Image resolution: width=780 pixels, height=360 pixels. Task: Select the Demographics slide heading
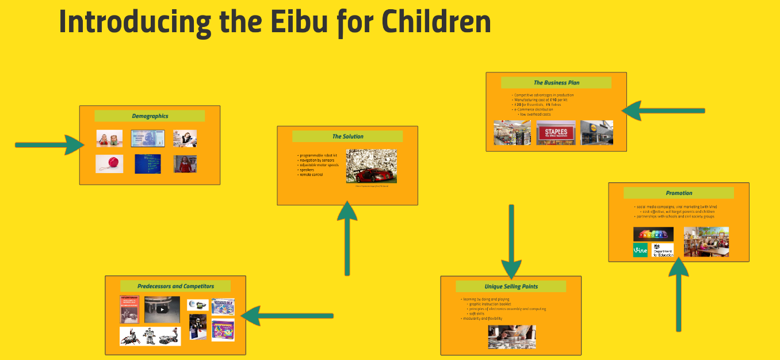pos(150,116)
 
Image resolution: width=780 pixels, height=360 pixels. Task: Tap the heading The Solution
pos(347,136)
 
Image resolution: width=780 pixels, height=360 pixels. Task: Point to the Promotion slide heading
pos(679,193)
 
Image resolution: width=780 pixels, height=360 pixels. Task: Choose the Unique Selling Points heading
pos(511,286)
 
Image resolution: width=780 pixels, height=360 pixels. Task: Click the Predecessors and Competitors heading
pos(175,286)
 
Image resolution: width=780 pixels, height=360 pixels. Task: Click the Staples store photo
pos(556,132)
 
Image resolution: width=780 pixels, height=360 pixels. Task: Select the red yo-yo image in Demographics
pos(109,163)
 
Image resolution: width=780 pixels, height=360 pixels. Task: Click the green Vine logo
pos(640,250)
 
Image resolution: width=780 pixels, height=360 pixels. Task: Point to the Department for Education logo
pos(663,250)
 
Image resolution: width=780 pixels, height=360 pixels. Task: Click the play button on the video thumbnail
pos(162,309)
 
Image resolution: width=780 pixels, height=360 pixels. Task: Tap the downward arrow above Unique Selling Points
pos(511,242)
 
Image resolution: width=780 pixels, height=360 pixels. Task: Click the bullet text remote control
pos(311,174)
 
